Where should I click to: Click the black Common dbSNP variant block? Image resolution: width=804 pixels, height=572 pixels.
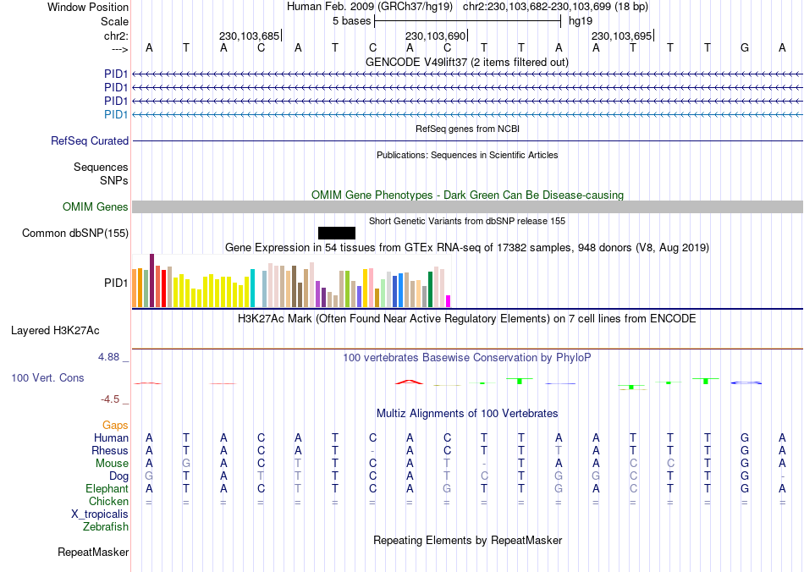tap(337, 233)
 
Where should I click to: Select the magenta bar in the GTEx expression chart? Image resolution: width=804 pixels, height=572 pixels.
tap(449, 300)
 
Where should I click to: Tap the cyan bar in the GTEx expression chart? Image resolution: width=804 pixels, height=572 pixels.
tap(252, 288)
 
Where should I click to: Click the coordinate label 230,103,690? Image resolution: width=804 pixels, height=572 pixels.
tap(435, 36)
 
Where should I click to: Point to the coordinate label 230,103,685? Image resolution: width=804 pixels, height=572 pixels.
tap(249, 36)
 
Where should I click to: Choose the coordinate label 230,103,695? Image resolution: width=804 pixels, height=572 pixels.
tap(621, 36)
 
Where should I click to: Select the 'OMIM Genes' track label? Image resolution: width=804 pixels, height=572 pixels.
tap(96, 207)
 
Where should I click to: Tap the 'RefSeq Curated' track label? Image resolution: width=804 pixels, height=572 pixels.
tap(90, 141)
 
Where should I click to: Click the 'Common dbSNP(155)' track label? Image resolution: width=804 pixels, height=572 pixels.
tap(75, 234)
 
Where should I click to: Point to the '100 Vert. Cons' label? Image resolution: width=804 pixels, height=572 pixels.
tap(47, 377)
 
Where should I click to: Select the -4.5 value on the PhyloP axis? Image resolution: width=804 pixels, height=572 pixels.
tap(111, 399)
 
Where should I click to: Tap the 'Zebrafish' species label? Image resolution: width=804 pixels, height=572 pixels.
tap(106, 527)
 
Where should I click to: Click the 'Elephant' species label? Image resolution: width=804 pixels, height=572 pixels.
tap(107, 489)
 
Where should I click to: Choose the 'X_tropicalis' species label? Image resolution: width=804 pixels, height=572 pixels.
tap(100, 514)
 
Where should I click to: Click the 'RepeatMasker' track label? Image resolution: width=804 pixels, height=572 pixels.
tap(93, 553)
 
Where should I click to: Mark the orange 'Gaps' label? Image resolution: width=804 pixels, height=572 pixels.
tap(115, 425)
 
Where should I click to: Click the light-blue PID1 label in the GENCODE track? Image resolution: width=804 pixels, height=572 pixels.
tap(116, 114)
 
